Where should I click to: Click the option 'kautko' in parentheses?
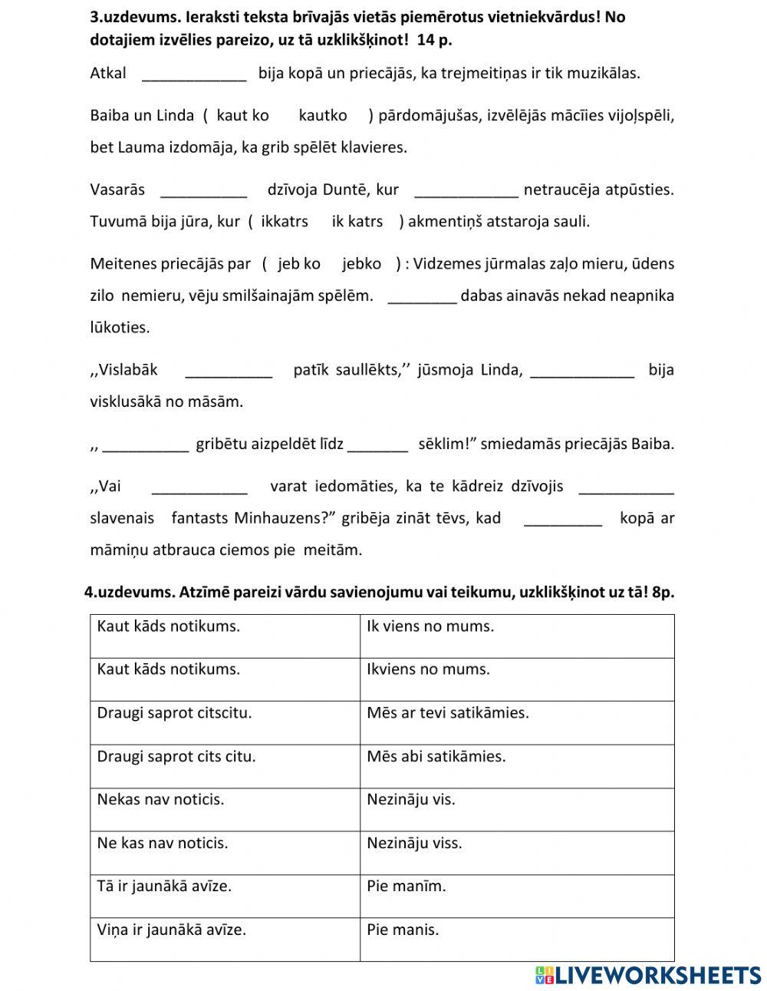click(x=323, y=115)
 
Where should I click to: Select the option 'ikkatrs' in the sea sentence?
click(x=285, y=221)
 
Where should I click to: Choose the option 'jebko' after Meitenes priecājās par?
click(x=362, y=263)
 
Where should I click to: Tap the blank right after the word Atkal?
click(x=195, y=74)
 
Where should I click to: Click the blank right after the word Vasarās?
click(x=204, y=190)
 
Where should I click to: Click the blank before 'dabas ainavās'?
click(x=423, y=296)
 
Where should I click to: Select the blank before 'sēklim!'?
click(x=378, y=444)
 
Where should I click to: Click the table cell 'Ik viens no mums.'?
click(x=517, y=636)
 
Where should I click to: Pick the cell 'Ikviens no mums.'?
click(x=517, y=679)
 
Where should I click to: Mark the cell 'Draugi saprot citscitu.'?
click(x=225, y=722)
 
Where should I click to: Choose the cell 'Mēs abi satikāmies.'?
click(x=517, y=765)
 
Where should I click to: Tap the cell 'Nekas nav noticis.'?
click(x=225, y=809)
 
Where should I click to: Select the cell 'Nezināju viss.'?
click(x=517, y=852)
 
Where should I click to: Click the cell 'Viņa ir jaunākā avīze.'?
click(x=225, y=939)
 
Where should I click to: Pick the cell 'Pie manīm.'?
click(x=517, y=895)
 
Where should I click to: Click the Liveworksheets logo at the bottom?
click(x=648, y=974)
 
